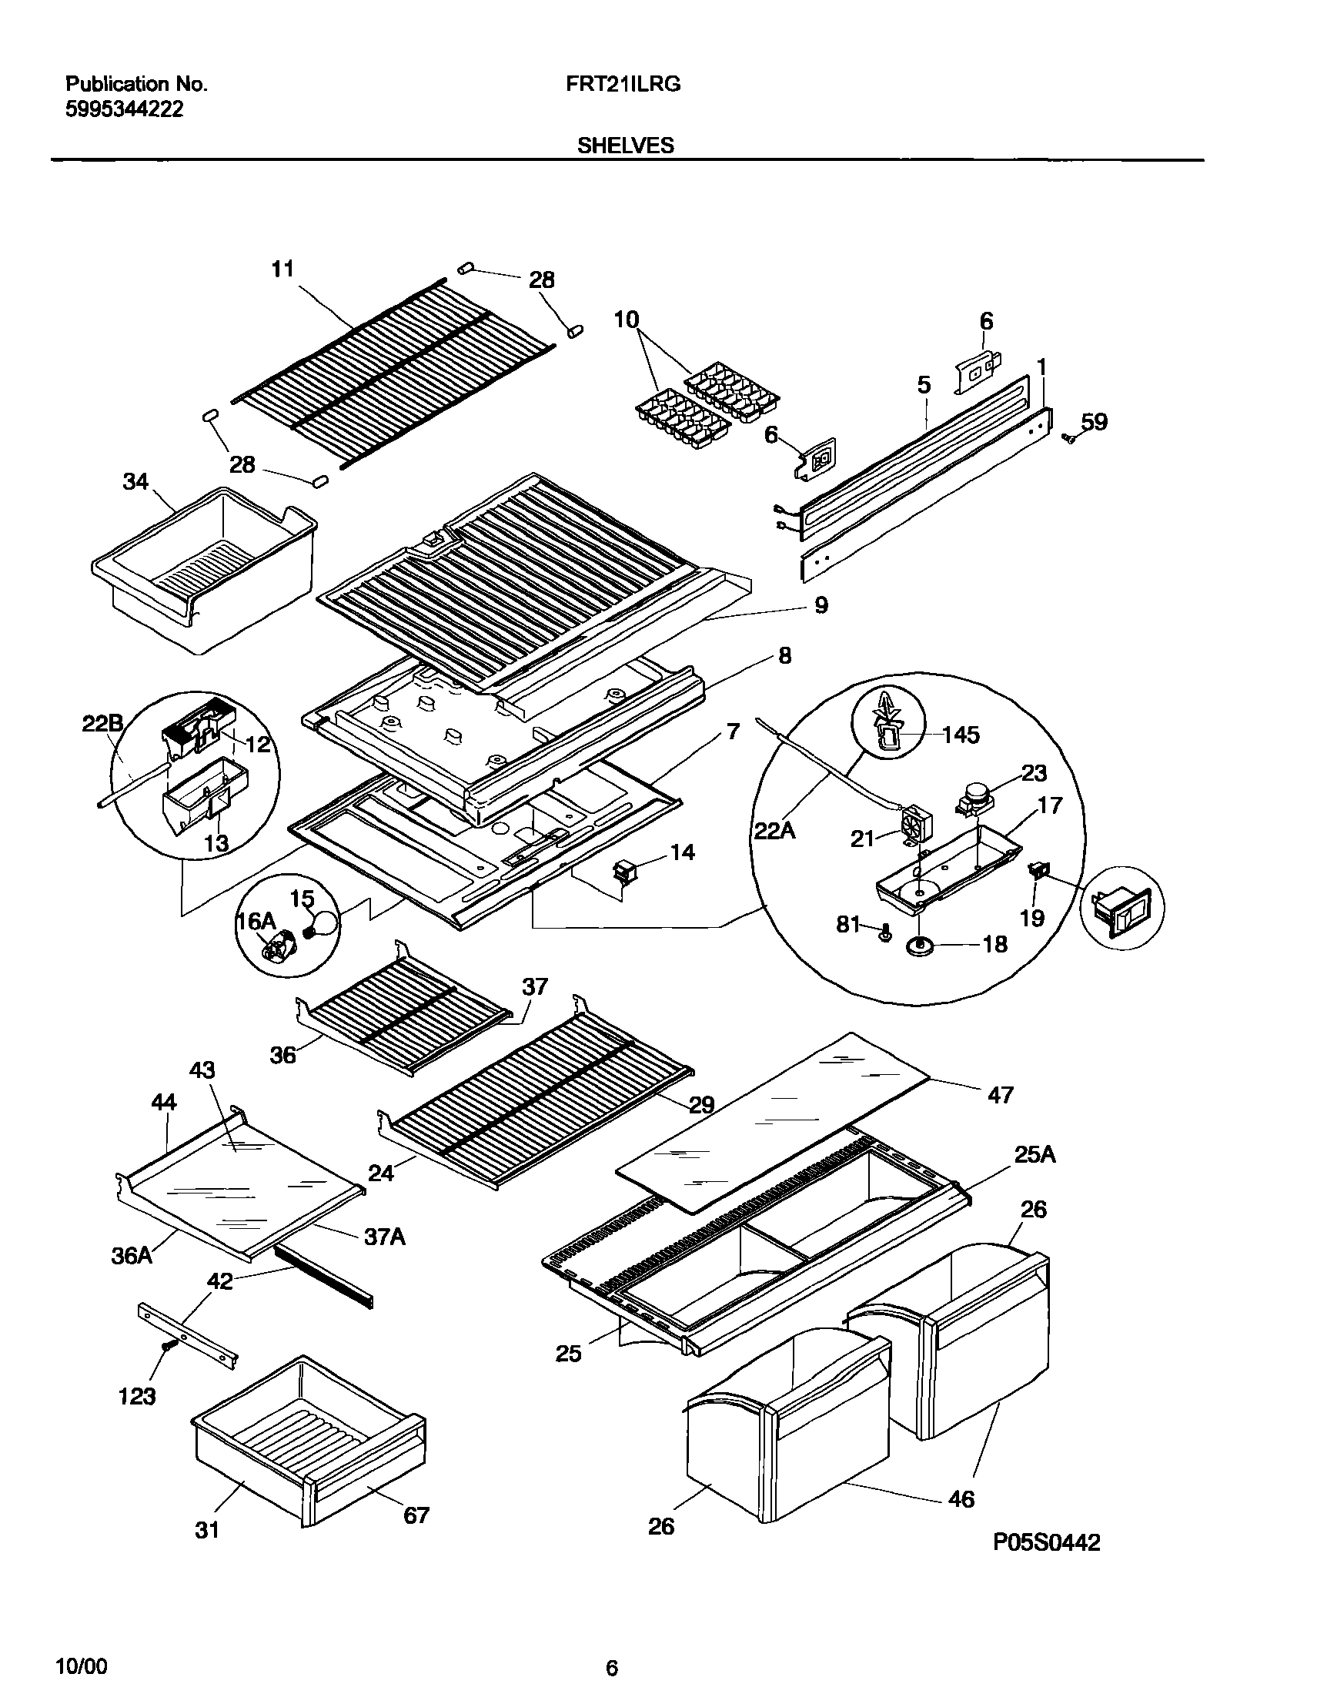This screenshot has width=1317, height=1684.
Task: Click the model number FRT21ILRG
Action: tap(623, 84)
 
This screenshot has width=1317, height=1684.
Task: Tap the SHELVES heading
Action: tap(625, 145)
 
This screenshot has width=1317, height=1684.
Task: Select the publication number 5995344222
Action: tap(124, 109)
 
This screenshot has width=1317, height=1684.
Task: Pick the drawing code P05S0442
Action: tap(1045, 1542)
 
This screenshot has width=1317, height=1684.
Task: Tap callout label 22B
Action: tap(102, 724)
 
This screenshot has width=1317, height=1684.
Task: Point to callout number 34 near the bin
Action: tap(135, 481)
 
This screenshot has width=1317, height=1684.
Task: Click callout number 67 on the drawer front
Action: tap(416, 1515)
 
